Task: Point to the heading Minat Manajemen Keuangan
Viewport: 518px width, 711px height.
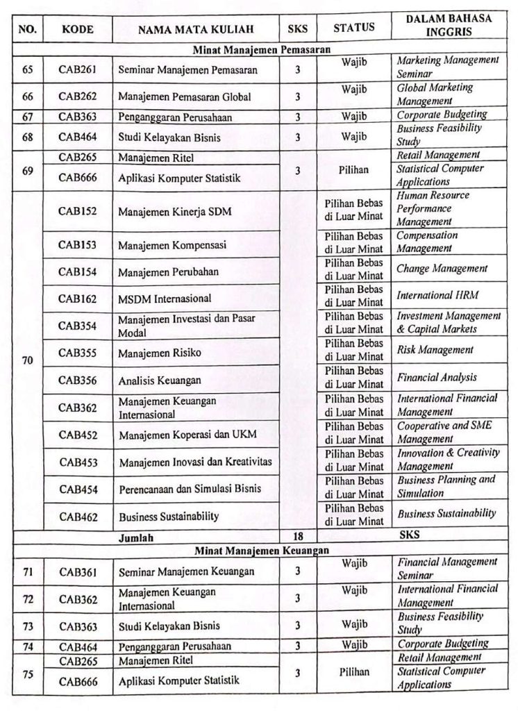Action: click(261, 550)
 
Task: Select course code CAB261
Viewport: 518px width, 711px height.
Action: click(77, 69)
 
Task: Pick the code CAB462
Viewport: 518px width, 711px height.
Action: click(78, 516)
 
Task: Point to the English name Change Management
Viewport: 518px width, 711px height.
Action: click(442, 269)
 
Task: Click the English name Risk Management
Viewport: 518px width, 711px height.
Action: click(435, 350)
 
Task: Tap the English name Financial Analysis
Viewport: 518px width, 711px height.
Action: click(437, 378)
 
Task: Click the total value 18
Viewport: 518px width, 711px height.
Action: click(297, 537)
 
